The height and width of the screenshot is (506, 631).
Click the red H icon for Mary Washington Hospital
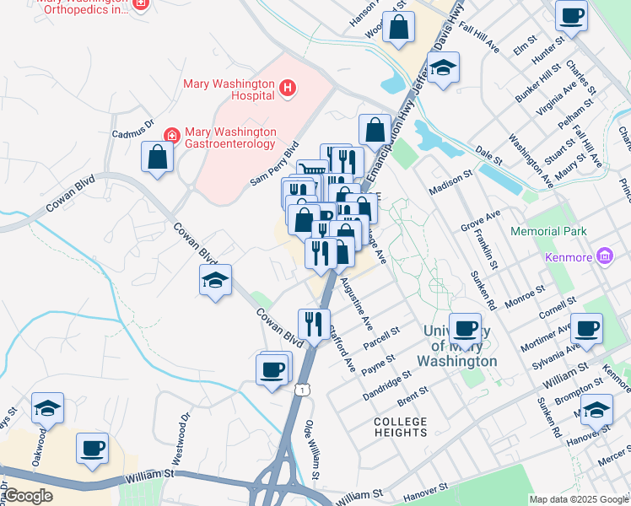tap(288, 86)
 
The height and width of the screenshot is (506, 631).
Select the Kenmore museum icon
tap(604, 256)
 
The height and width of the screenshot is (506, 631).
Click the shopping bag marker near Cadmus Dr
tap(158, 156)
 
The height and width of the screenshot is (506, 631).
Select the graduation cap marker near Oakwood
tap(48, 408)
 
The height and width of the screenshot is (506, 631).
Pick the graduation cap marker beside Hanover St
tap(596, 410)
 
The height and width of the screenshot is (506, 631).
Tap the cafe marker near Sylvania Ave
tap(586, 328)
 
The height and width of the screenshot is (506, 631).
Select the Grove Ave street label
tap(481, 222)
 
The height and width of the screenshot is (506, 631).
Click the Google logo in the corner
tap(27, 496)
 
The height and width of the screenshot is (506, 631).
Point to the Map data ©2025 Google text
tap(578, 499)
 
